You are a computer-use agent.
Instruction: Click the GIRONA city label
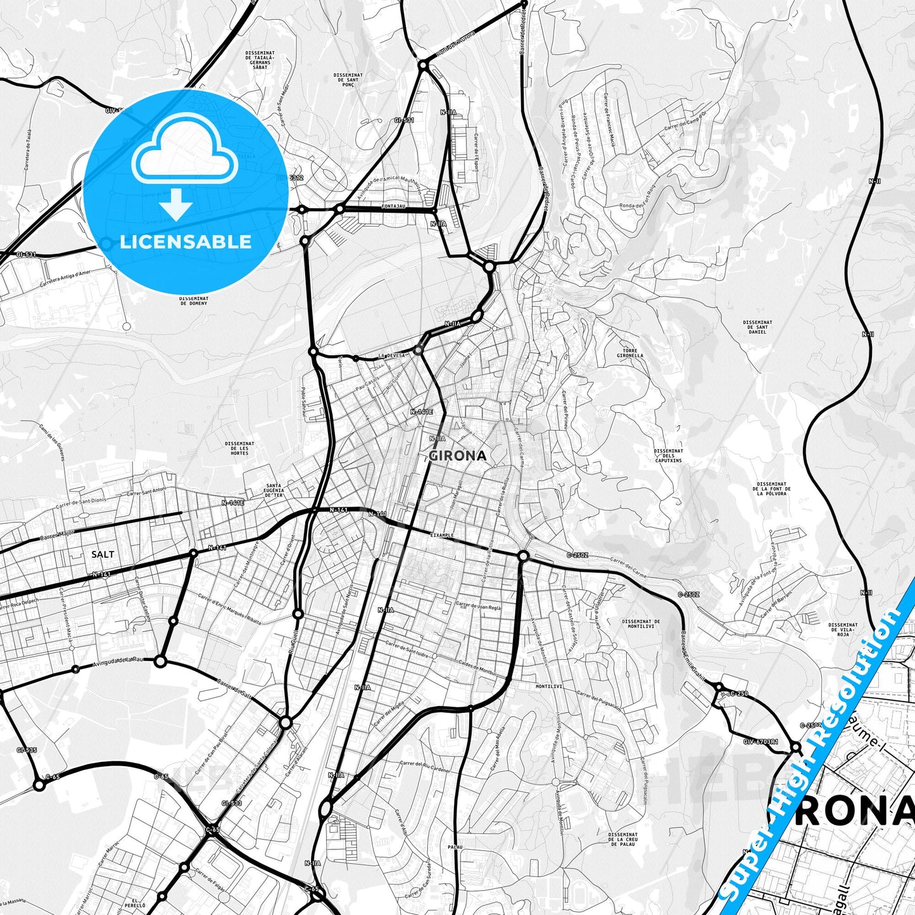(458, 455)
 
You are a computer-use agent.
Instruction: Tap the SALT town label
(103, 554)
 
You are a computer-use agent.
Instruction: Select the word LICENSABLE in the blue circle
(186, 242)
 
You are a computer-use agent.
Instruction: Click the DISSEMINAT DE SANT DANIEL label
(757, 327)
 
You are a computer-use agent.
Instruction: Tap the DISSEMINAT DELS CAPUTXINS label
(668, 455)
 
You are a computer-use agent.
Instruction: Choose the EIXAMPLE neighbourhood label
(442, 535)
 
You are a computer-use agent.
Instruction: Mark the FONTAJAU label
(393, 206)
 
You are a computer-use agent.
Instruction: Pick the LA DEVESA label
(391, 355)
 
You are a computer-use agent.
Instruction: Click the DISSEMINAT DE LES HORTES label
(239, 448)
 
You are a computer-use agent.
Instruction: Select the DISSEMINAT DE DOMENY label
(194, 300)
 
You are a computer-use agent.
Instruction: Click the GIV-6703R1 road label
(760, 741)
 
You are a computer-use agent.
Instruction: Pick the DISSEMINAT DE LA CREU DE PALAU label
(623, 839)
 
